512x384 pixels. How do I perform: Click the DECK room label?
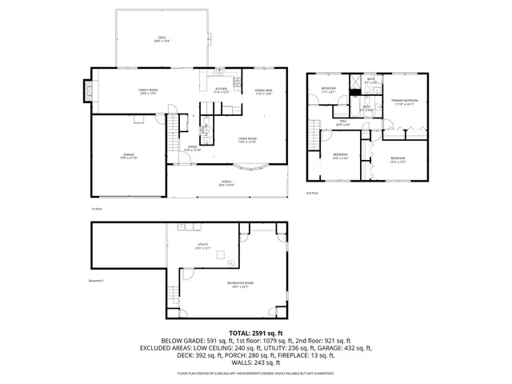(162, 40)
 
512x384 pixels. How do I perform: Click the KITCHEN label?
(221, 90)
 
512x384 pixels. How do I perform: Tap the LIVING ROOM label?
(246, 140)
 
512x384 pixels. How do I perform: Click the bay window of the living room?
(256, 167)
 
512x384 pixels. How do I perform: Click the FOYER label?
(192, 148)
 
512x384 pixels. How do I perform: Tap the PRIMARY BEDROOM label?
(403, 102)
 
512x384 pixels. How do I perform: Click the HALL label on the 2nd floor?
(342, 122)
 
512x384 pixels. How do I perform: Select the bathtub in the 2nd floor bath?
(354, 92)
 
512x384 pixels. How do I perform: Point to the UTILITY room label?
(203, 246)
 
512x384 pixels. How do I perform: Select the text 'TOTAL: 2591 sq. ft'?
(256, 332)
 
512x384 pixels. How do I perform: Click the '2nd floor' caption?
(312, 193)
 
